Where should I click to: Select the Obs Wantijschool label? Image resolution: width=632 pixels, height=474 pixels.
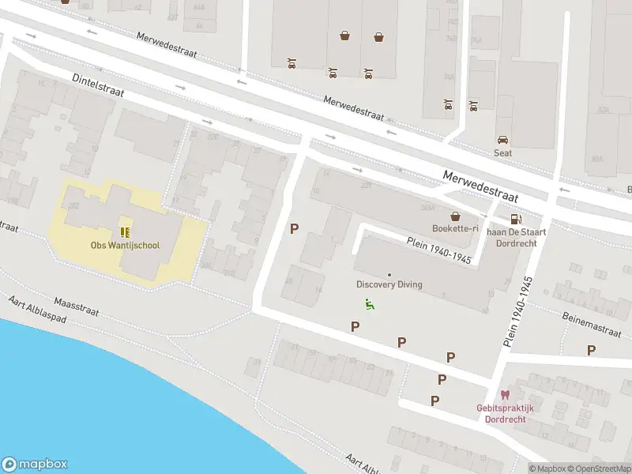(x=124, y=245)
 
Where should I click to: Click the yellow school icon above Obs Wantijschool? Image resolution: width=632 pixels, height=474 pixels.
(x=124, y=231)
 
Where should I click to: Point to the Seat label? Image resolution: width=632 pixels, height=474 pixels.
(x=502, y=153)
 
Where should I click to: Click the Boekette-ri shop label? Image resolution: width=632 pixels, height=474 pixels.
(x=455, y=229)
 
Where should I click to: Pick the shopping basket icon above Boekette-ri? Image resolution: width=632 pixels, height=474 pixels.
(x=455, y=216)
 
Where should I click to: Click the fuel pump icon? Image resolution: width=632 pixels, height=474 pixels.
(x=515, y=219)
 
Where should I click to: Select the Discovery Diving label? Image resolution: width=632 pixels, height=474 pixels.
(x=389, y=284)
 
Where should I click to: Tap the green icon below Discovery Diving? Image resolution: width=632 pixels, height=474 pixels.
(x=369, y=303)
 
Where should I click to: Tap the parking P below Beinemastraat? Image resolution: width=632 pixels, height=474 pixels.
(x=591, y=350)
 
